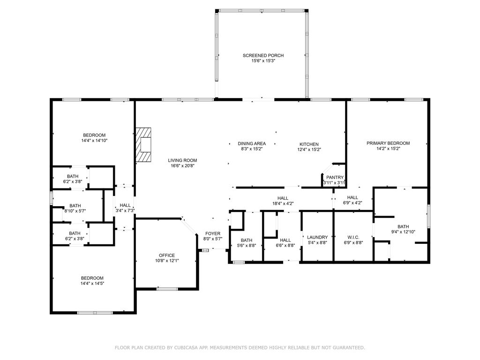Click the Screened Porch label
coord(263,55)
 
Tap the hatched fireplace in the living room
coord(143,144)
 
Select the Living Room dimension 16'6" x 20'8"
coord(182,166)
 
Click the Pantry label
coord(335,178)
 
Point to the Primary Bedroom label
coord(388,143)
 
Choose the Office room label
coord(167,255)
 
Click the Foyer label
coord(213,234)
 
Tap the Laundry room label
coord(317,237)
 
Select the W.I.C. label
coord(353,237)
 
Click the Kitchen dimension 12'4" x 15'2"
coord(309,150)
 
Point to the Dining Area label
coord(252,143)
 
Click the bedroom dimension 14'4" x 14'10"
coord(94,141)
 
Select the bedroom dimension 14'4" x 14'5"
coord(92,284)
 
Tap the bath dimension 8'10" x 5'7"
coord(75,211)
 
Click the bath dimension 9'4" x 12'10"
coord(403,232)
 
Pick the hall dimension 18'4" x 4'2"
coord(283,203)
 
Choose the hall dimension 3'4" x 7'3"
coord(125,210)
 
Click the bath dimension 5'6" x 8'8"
coord(247,246)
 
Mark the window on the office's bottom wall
coord(167,289)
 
